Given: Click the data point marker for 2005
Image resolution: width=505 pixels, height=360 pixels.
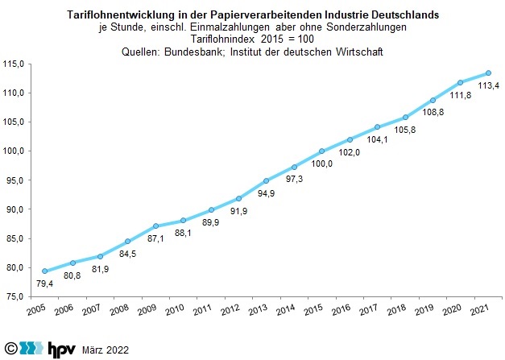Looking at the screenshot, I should [x=45, y=271].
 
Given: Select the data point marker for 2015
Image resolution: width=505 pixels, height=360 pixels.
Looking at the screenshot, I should [x=322, y=151].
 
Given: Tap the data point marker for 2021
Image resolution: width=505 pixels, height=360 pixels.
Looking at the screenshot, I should [x=489, y=73].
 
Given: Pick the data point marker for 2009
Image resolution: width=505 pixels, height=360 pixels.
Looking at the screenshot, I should [x=156, y=226].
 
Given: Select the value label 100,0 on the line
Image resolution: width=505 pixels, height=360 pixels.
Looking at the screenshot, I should [x=321, y=164].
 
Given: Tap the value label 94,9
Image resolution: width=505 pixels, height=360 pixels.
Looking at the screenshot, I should [x=265, y=193].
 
